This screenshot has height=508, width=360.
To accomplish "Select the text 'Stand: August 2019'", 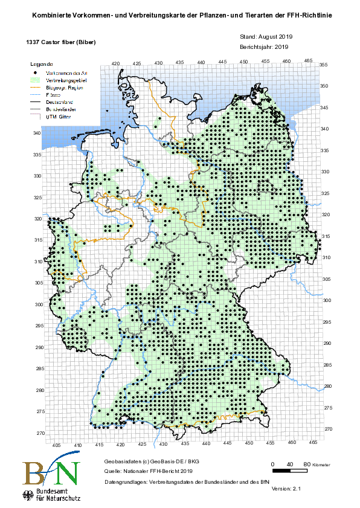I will tap(266, 37).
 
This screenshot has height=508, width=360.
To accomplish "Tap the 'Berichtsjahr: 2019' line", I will tap(266, 46).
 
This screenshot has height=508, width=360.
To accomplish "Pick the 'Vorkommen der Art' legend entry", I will tap(66, 71).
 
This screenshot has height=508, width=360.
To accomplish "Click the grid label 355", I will tap(323, 65).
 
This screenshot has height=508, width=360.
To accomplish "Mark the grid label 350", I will tap(323, 86).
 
